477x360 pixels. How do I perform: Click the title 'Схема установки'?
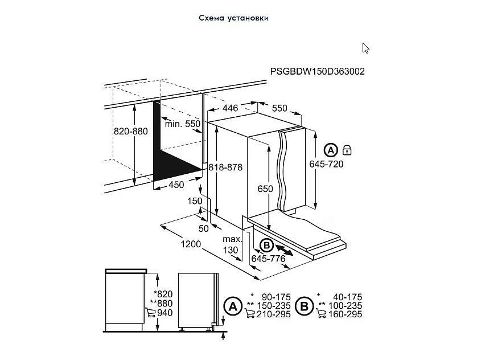(x=233, y=18)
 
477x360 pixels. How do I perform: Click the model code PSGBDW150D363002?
(x=317, y=71)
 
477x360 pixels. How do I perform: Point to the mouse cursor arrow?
(x=365, y=48)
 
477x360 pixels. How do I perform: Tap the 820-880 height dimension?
(x=130, y=131)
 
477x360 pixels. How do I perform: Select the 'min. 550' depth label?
(x=183, y=124)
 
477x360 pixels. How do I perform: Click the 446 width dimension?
(x=230, y=108)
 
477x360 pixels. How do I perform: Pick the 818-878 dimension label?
(x=225, y=167)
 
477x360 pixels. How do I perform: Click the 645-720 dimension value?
(x=326, y=164)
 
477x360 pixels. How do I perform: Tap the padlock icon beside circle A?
(x=347, y=150)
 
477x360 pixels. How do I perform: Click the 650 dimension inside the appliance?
(x=265, y=189)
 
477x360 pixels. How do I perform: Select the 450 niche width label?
(x=176, y=185)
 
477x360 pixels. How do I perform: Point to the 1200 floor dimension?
(x=191, y=244)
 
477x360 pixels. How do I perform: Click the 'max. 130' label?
(x=232, y=244)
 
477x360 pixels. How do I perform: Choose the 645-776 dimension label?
(x=268, y=259)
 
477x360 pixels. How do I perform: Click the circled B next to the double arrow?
(x=267, y=246)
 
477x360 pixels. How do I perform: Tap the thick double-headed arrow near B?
(x=285, y=251)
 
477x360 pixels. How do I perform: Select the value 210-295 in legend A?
(x=273, y=314)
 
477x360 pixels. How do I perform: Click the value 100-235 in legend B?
(x=346, y=305)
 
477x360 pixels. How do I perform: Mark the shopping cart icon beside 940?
(x=150, y=313)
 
